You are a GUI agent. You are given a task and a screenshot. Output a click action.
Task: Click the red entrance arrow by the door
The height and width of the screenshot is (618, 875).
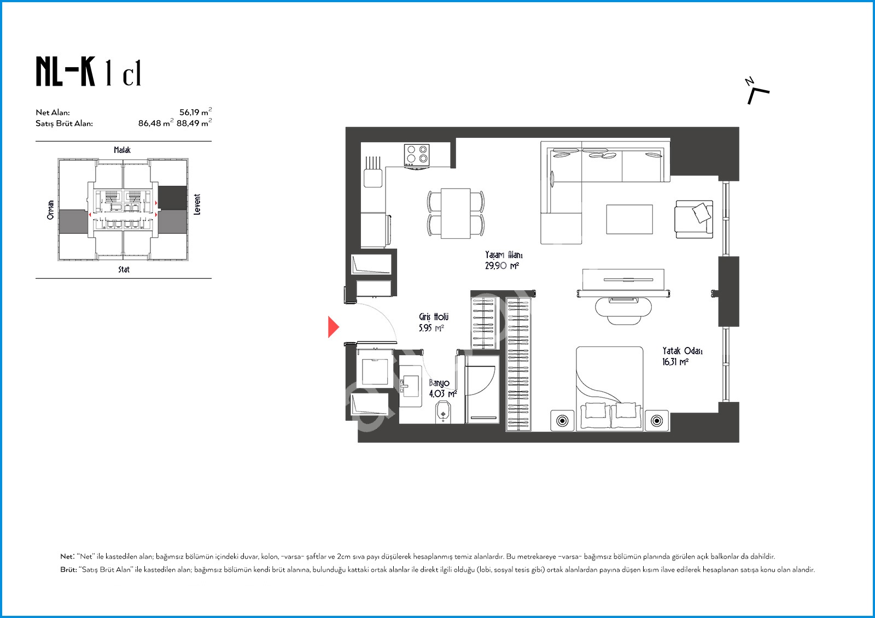click(x=333, y=327)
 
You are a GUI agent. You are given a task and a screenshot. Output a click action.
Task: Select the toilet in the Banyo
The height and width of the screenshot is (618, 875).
click(x=443, y=412)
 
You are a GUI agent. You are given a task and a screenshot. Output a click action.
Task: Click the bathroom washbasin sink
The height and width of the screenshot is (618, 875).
click(x=410, y=386)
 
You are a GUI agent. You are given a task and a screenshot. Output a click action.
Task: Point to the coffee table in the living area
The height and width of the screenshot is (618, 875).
click(x=629, y=220)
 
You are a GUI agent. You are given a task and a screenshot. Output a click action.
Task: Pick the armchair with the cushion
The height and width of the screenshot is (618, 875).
click(x=694, y=220)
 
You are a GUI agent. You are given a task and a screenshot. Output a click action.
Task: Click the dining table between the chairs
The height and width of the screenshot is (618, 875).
click(x=456, y=213)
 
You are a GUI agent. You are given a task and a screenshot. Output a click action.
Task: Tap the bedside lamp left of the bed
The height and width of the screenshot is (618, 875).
click(x=562, y=421)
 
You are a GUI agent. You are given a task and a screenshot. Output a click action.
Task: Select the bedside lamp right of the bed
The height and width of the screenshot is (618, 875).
click(x=657, y=421)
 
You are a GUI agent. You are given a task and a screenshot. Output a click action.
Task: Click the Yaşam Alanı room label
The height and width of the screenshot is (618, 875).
click(x=504, y=255)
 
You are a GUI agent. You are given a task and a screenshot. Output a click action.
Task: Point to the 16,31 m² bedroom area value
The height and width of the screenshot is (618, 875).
click(x=675, y=362)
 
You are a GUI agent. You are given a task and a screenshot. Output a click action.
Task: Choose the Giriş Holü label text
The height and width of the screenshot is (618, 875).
click(x=434, y=317)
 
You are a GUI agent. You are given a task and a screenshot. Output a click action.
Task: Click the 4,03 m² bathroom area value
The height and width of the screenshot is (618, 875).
click(x=442, y=393)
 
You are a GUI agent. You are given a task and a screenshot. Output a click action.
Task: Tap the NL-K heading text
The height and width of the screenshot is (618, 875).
click(x=65, y=72)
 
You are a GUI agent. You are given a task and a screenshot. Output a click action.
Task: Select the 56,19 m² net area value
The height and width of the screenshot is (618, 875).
click(x=195, y=111)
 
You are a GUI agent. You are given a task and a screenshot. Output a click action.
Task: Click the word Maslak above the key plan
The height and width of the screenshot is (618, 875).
click(x=122, y=150)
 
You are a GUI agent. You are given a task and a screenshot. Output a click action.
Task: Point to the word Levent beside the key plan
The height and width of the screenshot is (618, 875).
click(x=197, y=204)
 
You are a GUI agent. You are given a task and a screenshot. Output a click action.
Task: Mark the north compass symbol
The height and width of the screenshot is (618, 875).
click(x=757, y=91)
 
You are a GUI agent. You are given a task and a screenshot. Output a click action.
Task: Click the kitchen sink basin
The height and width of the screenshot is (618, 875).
click(x=373, y=178)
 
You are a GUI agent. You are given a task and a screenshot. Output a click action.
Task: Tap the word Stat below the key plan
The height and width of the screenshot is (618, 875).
click(x=124, y=269)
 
